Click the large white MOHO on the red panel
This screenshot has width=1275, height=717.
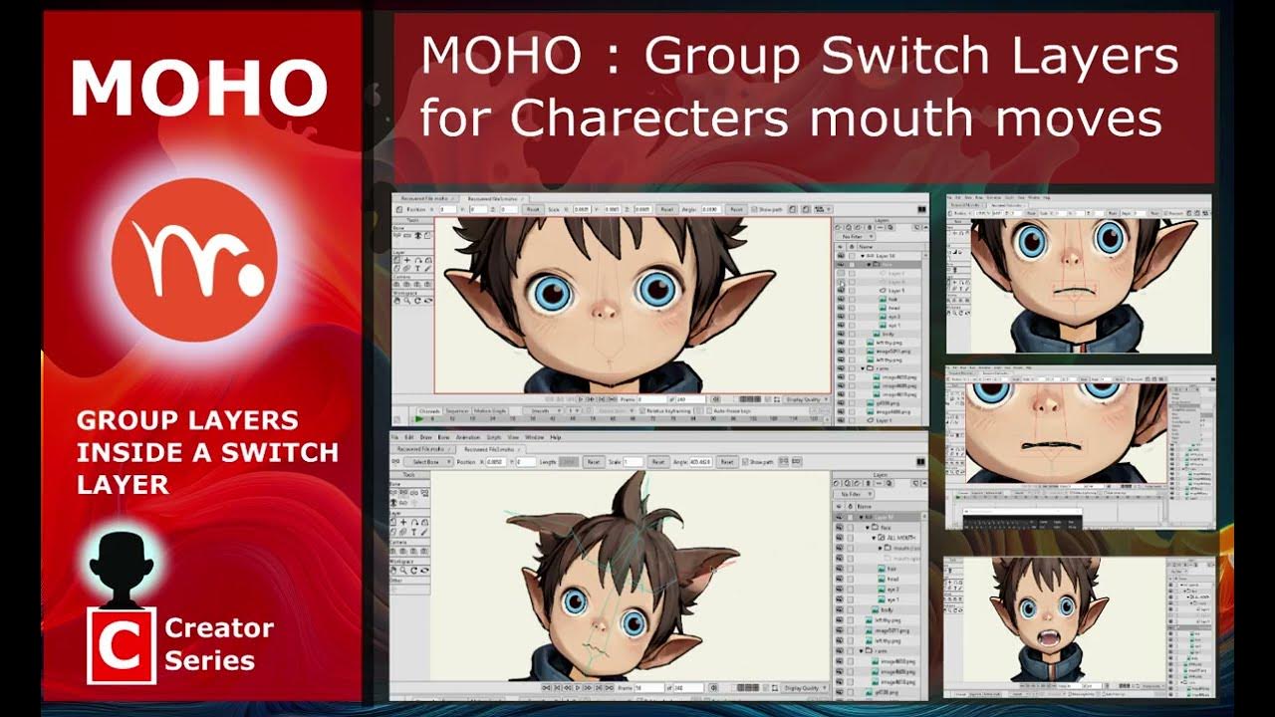point(198,88)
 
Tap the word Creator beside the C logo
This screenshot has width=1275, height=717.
point(219,627)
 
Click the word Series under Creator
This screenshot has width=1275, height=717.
point(210,660)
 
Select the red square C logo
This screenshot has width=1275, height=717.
point(122,645)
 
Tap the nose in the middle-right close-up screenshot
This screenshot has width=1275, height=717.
point(1047,403)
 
